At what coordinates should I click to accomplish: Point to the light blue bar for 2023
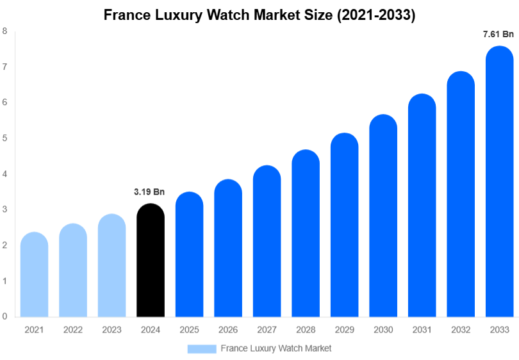(112, 265)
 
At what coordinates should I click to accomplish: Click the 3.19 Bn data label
(149, 192)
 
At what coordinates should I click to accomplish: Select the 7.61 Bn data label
(498, 35)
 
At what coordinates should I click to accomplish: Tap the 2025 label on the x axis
(189, 329)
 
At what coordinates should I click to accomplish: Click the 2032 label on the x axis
(461, 329)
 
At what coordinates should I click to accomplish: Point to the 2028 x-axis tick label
(306, 329)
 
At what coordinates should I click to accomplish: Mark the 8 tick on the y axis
(5, 31)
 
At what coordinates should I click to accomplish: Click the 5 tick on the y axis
(5, 138)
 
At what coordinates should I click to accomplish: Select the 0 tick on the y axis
(5, 316)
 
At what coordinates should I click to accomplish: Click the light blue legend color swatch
(201, 348)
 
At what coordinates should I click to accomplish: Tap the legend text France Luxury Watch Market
(276, 348)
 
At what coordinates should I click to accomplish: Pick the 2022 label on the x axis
(73, 329)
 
